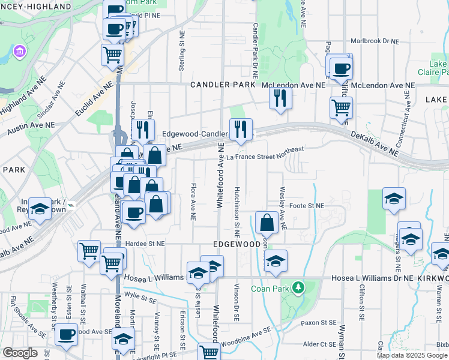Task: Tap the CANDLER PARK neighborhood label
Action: point(222,85)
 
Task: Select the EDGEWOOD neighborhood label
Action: point(237,245)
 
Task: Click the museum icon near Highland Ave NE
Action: point(20,52)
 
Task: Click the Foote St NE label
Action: point(307,206)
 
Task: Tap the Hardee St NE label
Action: point(145,244)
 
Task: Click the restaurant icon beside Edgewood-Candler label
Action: point(241,128)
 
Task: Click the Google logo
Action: point(19,353)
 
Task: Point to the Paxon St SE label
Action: point(319,323)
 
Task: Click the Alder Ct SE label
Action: point(319,344)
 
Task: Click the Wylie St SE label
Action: point(140,296)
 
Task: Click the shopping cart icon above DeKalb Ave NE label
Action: point(341,108)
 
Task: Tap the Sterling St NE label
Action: point(181,51)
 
